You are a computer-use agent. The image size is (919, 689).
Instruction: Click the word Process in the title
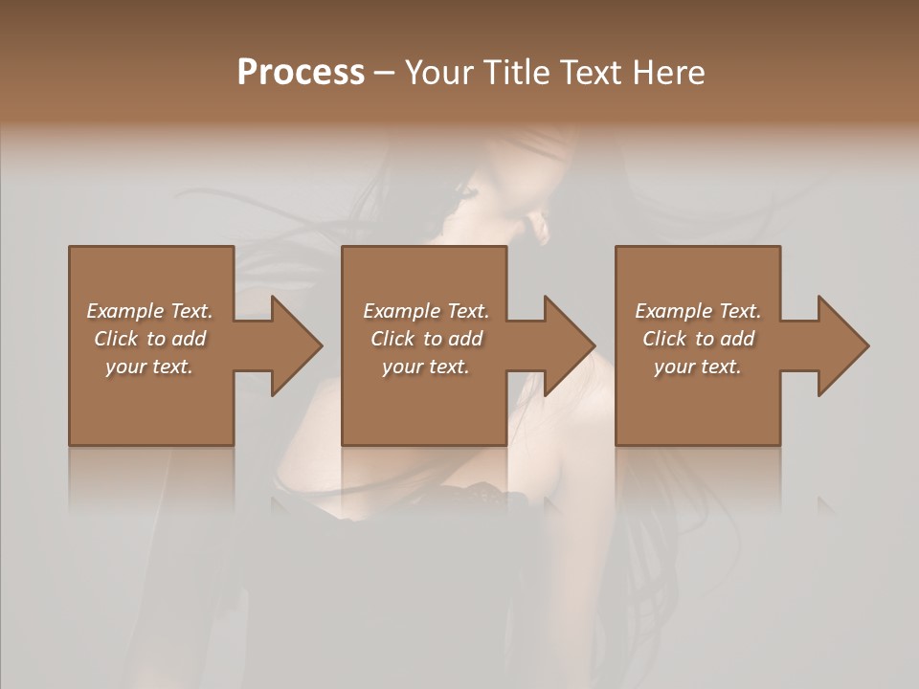point(301,73)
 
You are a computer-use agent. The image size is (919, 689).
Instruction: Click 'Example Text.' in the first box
point(149,311)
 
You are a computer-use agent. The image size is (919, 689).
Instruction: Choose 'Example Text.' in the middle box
point(426,311)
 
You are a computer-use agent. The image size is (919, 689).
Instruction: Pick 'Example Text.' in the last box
point(698,311)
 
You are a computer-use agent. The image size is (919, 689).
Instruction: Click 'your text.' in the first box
point(149,367)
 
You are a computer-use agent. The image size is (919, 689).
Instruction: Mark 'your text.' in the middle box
point(426,367)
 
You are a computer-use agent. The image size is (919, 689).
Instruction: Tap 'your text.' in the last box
point(698,367)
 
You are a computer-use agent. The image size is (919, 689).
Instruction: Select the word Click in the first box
point(116,339)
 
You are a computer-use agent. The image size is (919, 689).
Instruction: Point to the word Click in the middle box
point(392,339)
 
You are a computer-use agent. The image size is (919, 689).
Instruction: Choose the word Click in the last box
point(664,339)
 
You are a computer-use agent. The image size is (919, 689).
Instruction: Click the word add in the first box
point(190,339)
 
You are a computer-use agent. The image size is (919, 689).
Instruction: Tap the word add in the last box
point(738,339)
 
